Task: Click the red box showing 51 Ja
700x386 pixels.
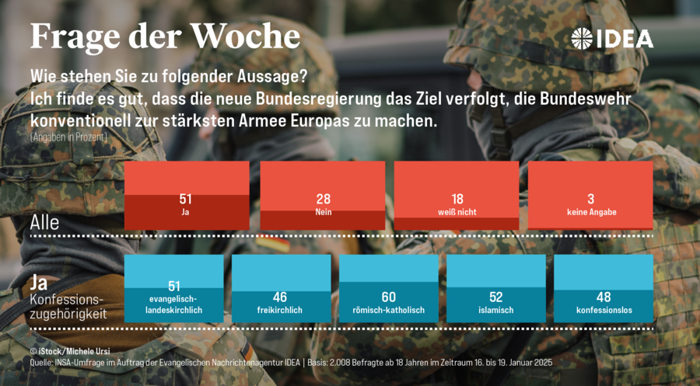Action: coord(187,196)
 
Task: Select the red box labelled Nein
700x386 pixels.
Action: coord(322,196)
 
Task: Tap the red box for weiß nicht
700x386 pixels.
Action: coord(457,196)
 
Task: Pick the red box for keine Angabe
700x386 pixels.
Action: coord(590,196)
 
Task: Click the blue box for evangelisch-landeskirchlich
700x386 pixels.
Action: coord(173,288)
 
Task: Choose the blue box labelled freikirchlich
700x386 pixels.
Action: coord(282,288)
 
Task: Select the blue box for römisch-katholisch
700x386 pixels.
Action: coord(388,288)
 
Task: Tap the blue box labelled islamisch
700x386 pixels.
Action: coord(496,288)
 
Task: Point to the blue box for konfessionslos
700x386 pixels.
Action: coord(604,288)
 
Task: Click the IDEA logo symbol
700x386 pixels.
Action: coord(582,38)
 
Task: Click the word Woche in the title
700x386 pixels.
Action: coord(245,36)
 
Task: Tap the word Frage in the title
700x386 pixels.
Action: coord(75,37)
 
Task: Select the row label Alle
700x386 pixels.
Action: coord(44,222)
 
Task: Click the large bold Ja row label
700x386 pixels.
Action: coord(39,283)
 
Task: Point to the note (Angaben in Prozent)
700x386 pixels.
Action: coord(68,137)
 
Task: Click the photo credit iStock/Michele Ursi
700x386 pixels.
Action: coord(70,351)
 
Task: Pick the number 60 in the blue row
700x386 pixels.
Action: coord(388,297)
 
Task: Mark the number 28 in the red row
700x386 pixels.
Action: coord(324,199)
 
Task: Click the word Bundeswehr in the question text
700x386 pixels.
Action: coord(585,99)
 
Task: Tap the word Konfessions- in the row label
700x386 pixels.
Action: coord(67,299)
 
